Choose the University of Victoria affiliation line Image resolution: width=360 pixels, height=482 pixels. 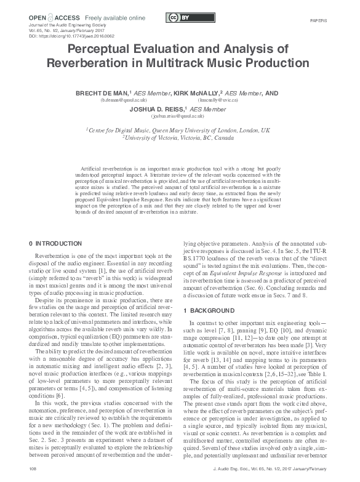pyautogui.click(x=180, y=138)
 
